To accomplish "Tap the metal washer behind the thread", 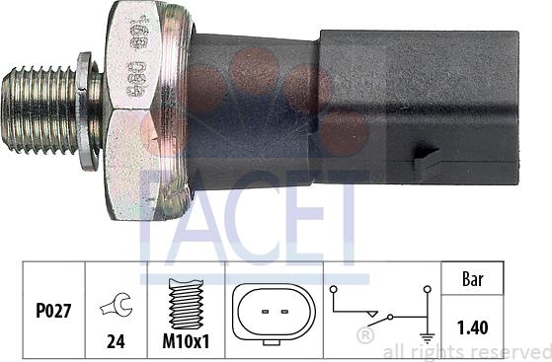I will [x=90, y=110].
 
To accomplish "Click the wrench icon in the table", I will [x=116, y=308].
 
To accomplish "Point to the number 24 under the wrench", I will [x=116, y=346].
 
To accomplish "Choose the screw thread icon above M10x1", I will [x=185, y=306].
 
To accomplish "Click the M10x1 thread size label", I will [x=185, y=346].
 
